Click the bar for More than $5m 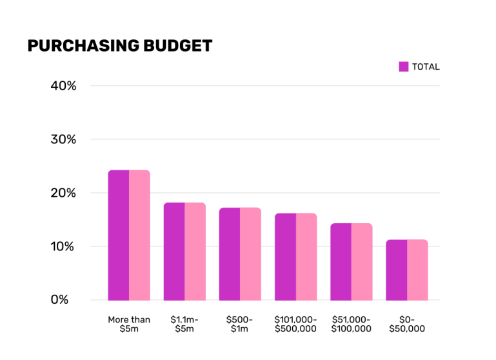click(x=129, y=235)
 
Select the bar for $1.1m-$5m click(x=184, y=252)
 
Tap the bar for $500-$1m click(x=240, y=254)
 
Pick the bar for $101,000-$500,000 click(x=295, y=257)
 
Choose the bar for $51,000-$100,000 click(x=352, y=262)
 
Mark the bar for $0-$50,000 click(x=407, y=270)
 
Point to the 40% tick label click(x=64, y=86)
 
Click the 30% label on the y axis click(x=64, y=139)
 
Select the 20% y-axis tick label click(x=64, y=193)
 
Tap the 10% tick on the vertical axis click(x=64, y=246)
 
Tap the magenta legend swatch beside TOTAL click(x=404, y=66)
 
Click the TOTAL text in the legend click(x=426, y=66)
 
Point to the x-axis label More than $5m click(x=129, y=324)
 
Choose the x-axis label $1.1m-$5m click(x=184, y=324)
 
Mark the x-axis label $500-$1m click(x=240, y=324)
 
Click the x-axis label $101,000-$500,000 click(x=295, y=324)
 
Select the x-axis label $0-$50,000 click(x=407, y=324)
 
